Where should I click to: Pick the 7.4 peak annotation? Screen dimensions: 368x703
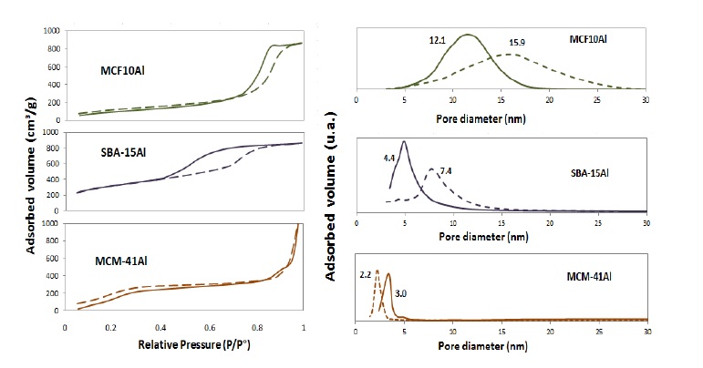(x=446, y=170)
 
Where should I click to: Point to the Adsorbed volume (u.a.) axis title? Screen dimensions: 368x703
(x=339, y=182)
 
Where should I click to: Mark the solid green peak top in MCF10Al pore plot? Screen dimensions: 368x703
(x=468, y=35)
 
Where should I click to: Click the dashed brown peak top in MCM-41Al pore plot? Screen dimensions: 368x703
(x=377, y=271)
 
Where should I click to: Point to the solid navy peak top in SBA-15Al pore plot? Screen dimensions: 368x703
(x=403, y=141)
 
